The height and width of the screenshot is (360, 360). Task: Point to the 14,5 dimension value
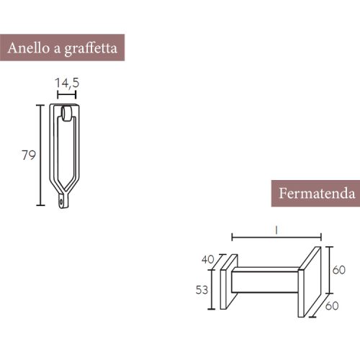pos(67,84)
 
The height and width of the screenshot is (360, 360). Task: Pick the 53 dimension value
pos(202,289)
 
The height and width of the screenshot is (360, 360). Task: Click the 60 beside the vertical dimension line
pos(338,269)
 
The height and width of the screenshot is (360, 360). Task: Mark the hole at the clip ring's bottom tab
pos(60,203)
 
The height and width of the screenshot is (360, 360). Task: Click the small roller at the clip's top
pos(67,113)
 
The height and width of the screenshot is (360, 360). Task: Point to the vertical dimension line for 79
pos(40,155)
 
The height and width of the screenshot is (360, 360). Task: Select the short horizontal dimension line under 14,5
pos(66,94)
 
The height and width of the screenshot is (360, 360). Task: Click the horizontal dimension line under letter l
pos(276,237)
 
